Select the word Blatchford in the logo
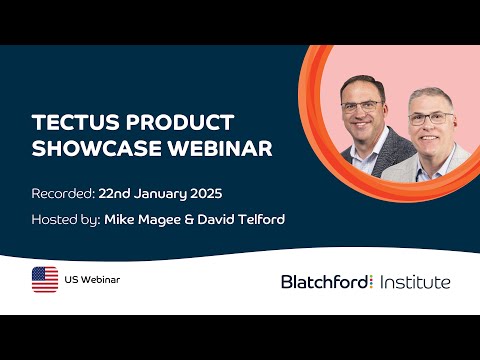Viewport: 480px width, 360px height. [x=324, y=282]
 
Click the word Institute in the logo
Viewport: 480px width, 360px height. [x=415, y=282]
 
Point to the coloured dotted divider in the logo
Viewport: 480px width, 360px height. [x=372, y=282]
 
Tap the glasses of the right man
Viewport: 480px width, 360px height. [x=428, y=117]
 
